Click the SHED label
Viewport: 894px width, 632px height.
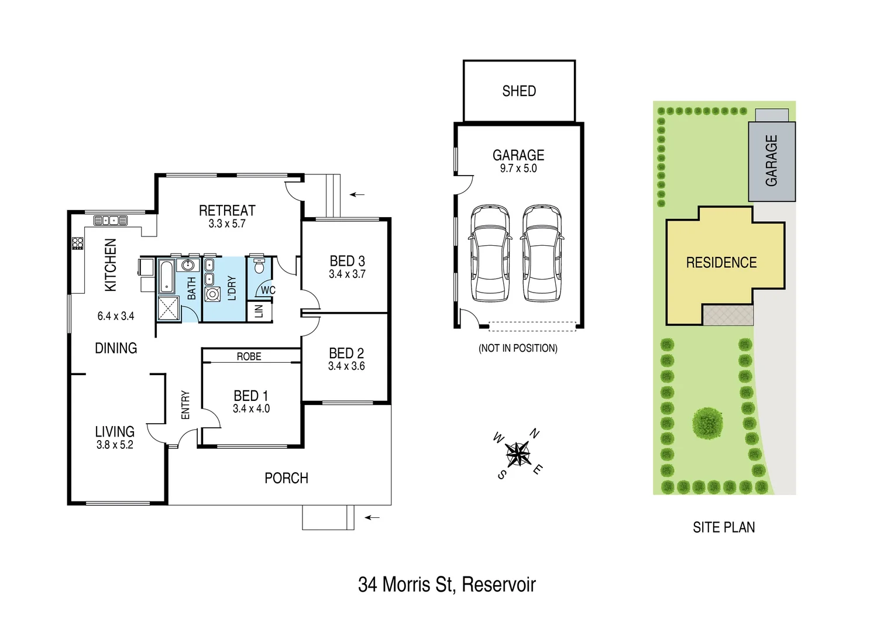click(x=519, y=91)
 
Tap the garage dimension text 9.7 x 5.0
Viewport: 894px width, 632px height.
click(x=518, y=169)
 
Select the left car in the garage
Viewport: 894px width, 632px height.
click(x=490, y=253)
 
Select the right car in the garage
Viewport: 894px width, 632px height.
click(x=542, y=253)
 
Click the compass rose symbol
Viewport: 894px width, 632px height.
click(x=518, y=454)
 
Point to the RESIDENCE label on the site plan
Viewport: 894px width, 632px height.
click(x=721, y=263)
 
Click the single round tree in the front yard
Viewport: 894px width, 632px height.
click(x=707, y=423)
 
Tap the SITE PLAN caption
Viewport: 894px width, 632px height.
click(x=724, y=527)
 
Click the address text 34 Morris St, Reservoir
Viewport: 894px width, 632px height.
click(x=447, y=584)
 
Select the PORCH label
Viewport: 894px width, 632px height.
click(x=286, y=478)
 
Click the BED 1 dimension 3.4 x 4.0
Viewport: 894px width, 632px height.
click(x=251, y=409)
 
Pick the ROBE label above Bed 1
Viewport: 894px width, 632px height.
click(x=249, y=356)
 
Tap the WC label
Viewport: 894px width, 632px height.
click(x=268, y=290)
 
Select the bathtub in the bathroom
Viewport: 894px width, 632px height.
click(x=166, y=277)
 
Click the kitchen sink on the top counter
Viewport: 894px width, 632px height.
click(x=111, y=221)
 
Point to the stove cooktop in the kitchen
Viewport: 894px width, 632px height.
click(x=77, y=243)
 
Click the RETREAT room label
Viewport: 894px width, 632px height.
click(x=227, y=210)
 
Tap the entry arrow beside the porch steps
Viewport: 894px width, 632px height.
click(x=372, y=517)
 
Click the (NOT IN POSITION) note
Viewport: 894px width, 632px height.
click(x=518, y=348)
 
